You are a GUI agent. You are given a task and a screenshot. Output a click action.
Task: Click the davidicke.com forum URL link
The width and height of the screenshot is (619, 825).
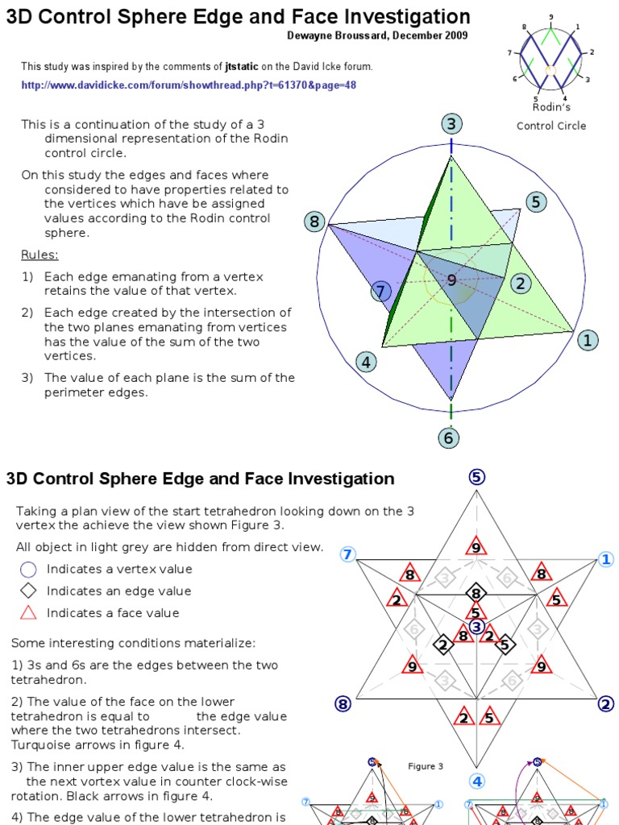pyautogui.click(x=189, y=85)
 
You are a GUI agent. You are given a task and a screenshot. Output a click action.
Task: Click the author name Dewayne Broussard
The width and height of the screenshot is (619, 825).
pyautogui.click(x=335, y=35)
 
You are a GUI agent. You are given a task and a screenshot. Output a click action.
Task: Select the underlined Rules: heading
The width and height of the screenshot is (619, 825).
pyautogui.click(x=39, y=255)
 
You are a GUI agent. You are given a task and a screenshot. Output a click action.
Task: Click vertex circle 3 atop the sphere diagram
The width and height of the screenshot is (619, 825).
pyautogui.click(x=451, y=124)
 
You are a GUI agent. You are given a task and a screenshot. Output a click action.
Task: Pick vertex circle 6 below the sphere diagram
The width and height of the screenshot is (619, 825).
pyautogui.click(x=449, y=438)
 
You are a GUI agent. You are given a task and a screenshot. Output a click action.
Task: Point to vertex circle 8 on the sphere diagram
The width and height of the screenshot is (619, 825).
pyautogui.click(x=314, y=222)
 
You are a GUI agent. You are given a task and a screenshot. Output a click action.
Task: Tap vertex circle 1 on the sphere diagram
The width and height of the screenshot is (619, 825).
pyautogui.click(x=588, y=340)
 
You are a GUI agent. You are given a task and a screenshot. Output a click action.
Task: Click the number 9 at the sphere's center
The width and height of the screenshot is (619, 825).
pyautogui.click(x=451, y=280)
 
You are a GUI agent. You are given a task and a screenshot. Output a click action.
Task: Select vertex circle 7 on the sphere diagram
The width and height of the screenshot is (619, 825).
pyautogui.click(x=381, y=291)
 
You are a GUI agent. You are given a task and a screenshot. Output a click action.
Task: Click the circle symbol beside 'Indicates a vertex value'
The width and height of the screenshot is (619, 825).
pyautogui.click(x=28, y=570)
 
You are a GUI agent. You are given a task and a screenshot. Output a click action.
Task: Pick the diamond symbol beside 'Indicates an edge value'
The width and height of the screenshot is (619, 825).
pyautogui.click(x=28, y=591)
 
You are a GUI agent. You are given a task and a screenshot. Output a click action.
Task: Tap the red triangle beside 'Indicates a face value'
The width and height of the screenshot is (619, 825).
pyautogui.click(x=28, y=612)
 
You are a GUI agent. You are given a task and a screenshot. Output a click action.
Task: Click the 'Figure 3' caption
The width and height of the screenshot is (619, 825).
pyautogui.click(x=426, y=766)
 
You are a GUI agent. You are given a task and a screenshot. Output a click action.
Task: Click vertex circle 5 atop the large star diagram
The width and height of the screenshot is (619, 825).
pyautogui.click(x=476, y=477)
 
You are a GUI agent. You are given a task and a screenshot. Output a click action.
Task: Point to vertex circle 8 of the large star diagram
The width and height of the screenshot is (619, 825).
pyautogui.click(x=343, y=704)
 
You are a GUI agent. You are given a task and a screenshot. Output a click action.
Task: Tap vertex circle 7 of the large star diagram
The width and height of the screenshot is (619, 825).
pyautogui.click(x=347, y=554)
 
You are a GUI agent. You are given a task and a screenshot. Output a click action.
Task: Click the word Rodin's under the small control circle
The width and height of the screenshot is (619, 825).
pyautogui.click(x=551, y=107)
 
